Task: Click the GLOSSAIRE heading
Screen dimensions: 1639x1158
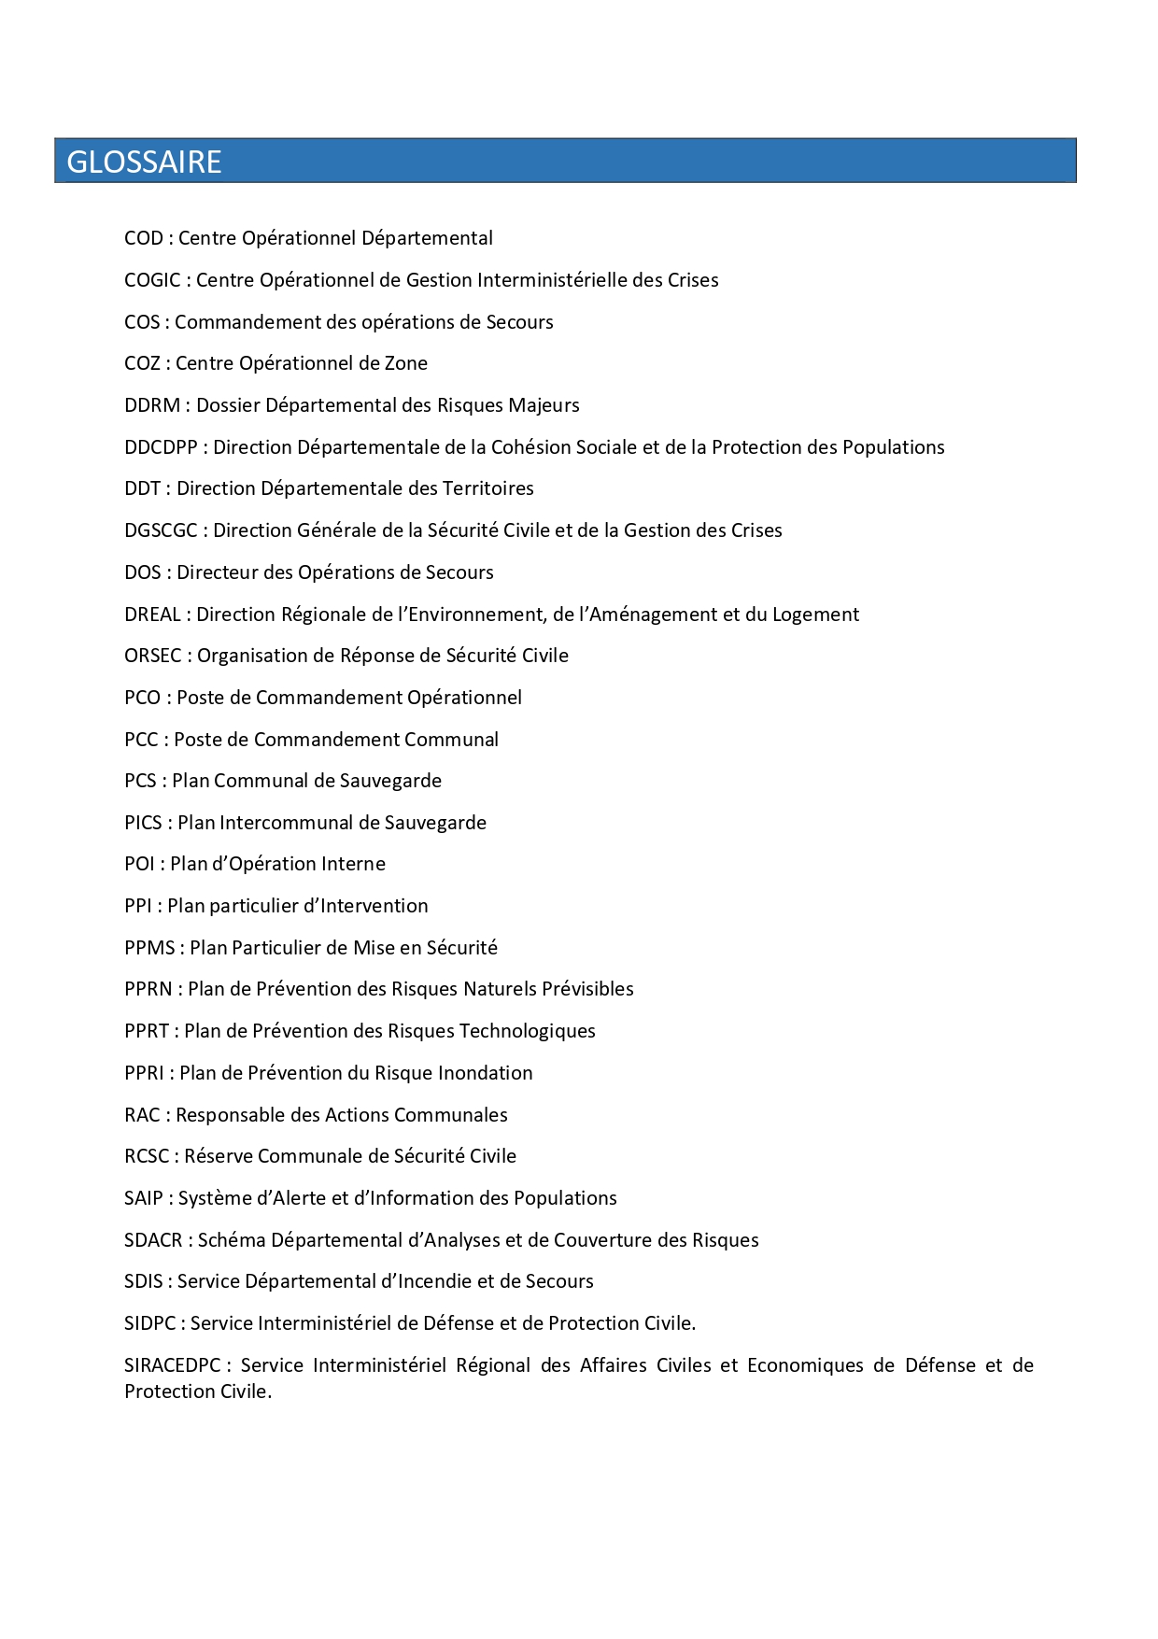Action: tap(144, 162)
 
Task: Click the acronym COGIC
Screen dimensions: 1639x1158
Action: tap(152, 280)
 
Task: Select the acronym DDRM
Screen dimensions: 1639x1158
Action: tap(152, 405)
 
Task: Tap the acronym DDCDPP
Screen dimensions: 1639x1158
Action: tap(161, 447)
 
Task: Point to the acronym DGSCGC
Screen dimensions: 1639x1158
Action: tap(161, 530)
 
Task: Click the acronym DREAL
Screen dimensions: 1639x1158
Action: tap(152, 615)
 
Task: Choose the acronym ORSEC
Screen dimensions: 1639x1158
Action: tap(153, 656)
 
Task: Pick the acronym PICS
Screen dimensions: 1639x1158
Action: tap(143, 823)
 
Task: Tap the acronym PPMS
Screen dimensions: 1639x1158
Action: tap(149, 948)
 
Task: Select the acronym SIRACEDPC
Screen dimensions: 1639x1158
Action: tap(172, 1365)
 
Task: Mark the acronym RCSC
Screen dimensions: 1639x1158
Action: tap(147, 1156)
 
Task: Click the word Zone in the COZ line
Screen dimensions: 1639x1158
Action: tap(406, 363)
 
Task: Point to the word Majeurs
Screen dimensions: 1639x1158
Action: tap(544, 405)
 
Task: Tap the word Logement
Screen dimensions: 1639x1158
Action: tap(815, 615)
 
